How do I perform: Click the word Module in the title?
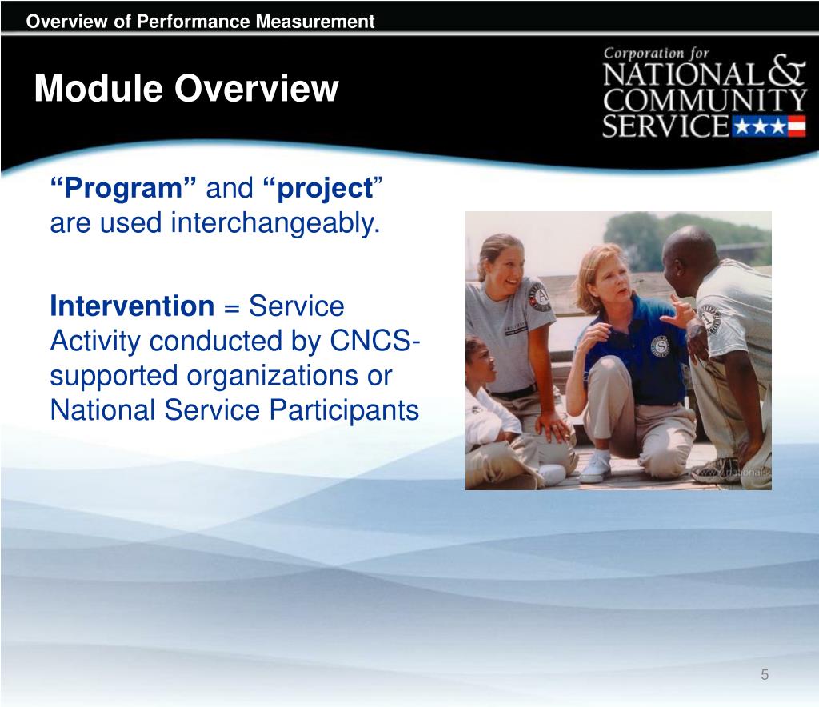(98, 88)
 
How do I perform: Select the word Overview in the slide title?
(257, 88)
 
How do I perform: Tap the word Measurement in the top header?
(315, 22)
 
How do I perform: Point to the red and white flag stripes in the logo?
(797, 127)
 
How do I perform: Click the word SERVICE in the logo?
(665, 126)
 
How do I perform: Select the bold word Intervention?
(132, 306)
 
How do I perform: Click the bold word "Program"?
(123, 188)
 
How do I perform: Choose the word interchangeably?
(275, 223)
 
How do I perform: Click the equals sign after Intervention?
(231, 308)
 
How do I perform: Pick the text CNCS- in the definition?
(374, 341)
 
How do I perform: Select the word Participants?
(344, 411)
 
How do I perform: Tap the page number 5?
(765, 675)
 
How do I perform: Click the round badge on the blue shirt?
(661, 347)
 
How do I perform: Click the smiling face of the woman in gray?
(505, 271)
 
